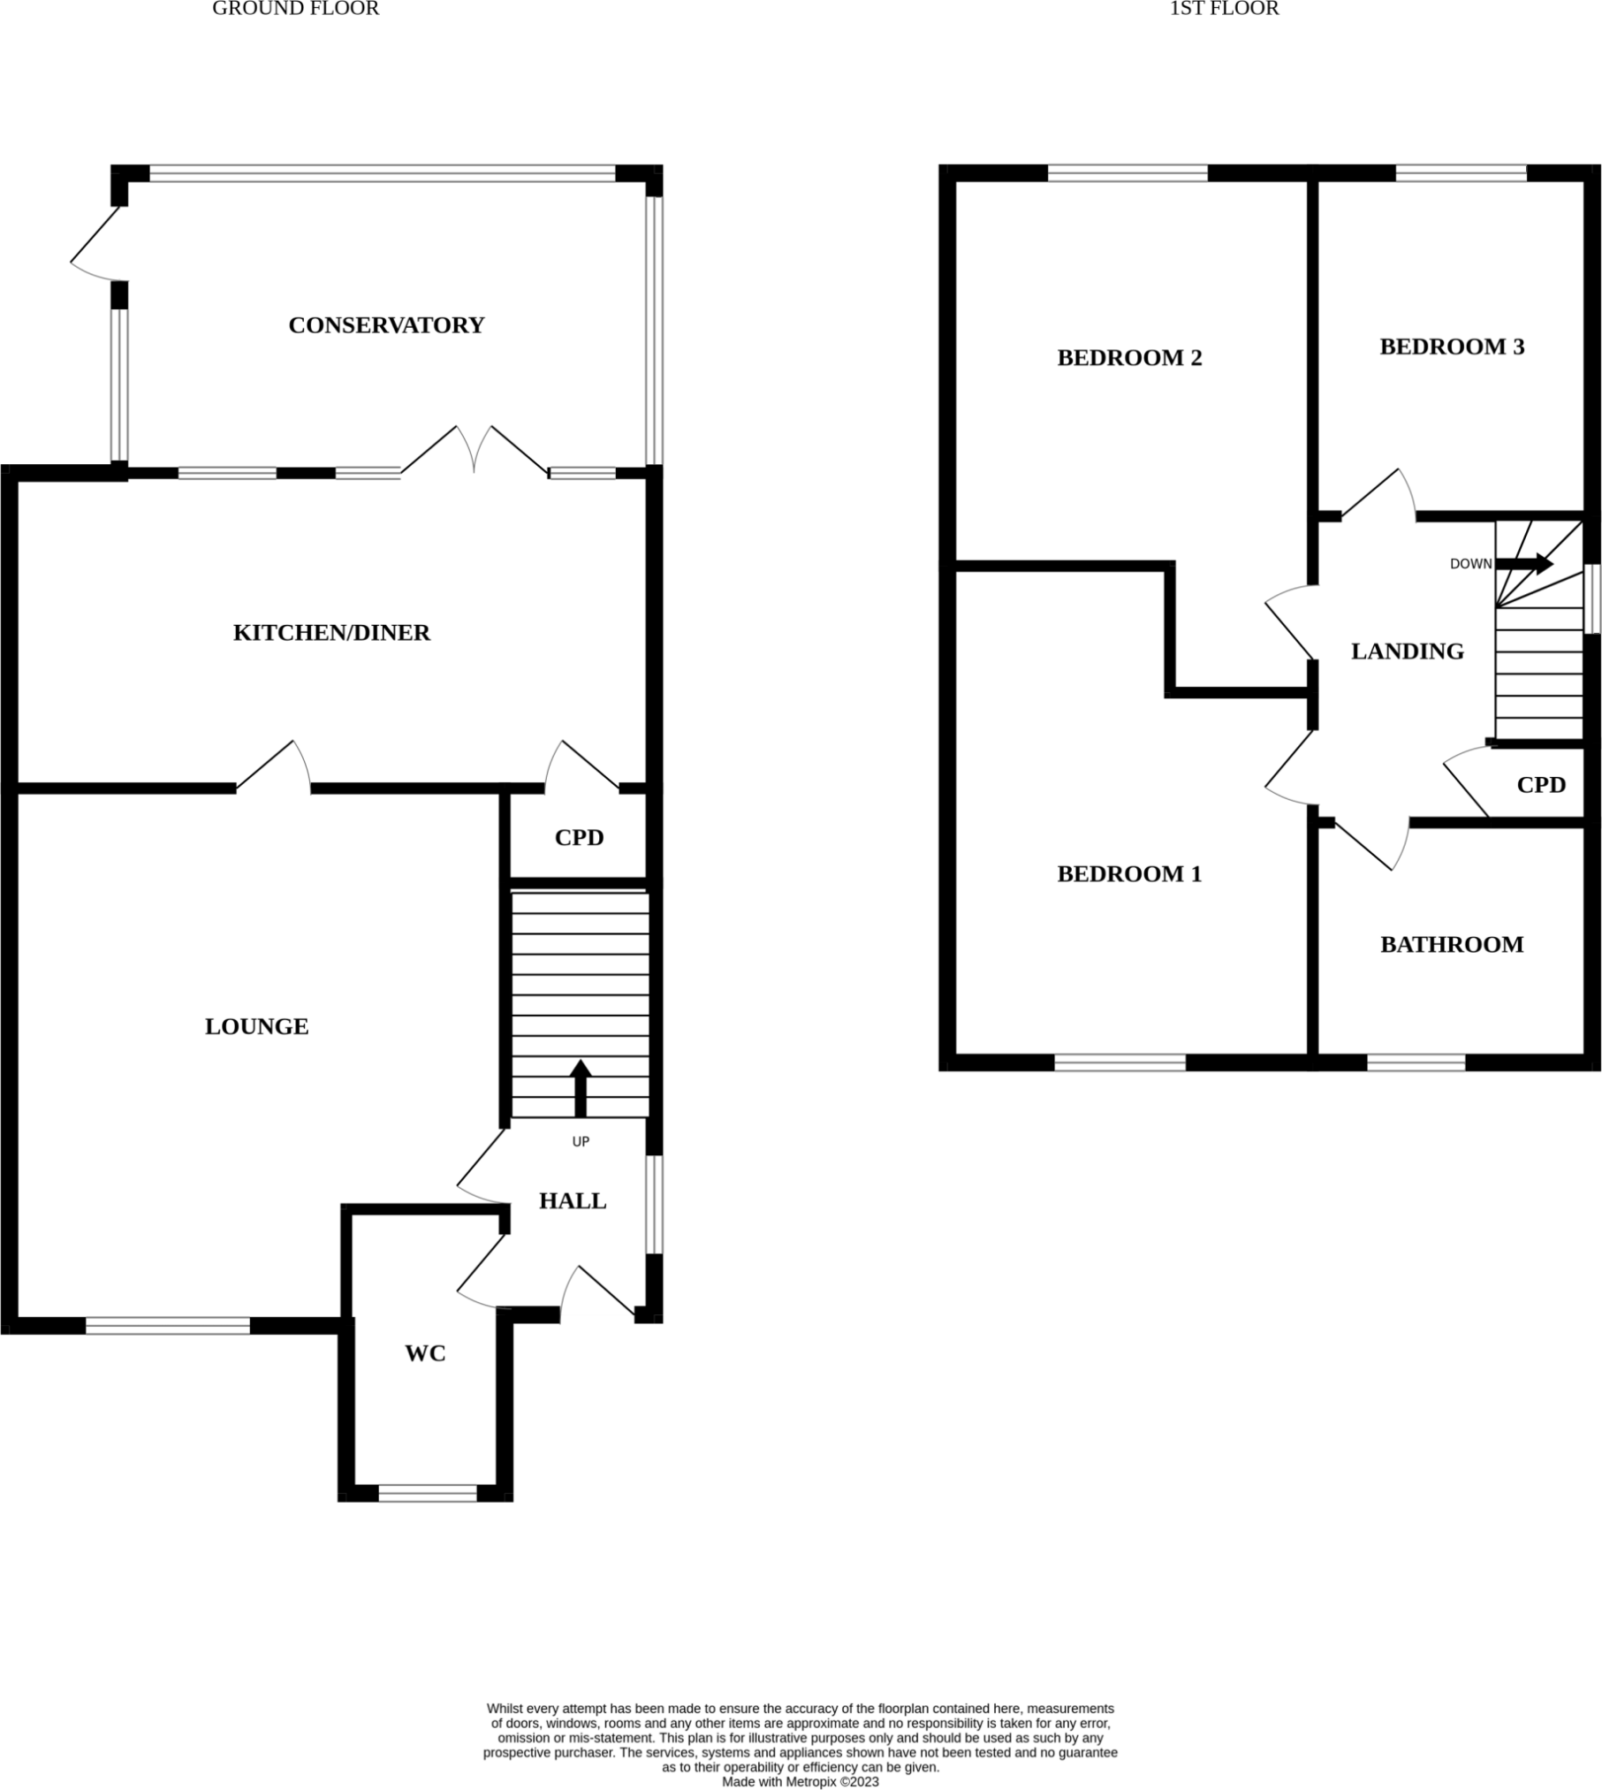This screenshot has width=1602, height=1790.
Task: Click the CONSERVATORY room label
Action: click(386, 325)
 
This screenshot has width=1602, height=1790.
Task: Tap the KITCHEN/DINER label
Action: click(331, 633)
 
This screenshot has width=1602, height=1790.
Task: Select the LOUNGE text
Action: click(256, 1026)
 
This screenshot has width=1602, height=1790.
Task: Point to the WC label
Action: click(425, 1353)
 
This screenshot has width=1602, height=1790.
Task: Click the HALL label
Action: click(573, 1201)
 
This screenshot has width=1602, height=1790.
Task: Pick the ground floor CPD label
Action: click(579, 837)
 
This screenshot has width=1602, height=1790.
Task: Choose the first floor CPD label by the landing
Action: click(1541, 785)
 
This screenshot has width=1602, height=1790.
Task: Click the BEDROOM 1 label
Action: click(1129, 874)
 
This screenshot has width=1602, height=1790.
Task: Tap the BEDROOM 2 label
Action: click(1129, 358)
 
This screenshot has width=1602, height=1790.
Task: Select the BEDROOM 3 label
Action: click(1452, 347)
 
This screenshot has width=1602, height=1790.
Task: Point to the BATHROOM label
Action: click(1452, 945)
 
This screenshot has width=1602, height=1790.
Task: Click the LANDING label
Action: click(1408, 651)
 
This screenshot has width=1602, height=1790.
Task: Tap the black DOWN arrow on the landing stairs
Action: click(1525, 564)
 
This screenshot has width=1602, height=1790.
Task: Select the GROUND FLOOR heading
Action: click(295, 9)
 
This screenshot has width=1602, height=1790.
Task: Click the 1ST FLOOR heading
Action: click(1224, 9)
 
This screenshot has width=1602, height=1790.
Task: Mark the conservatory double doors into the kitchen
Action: click(475, 452)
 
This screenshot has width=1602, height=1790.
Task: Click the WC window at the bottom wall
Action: click(428, 1493)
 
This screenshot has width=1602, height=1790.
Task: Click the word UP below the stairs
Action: click(581, 1142)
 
